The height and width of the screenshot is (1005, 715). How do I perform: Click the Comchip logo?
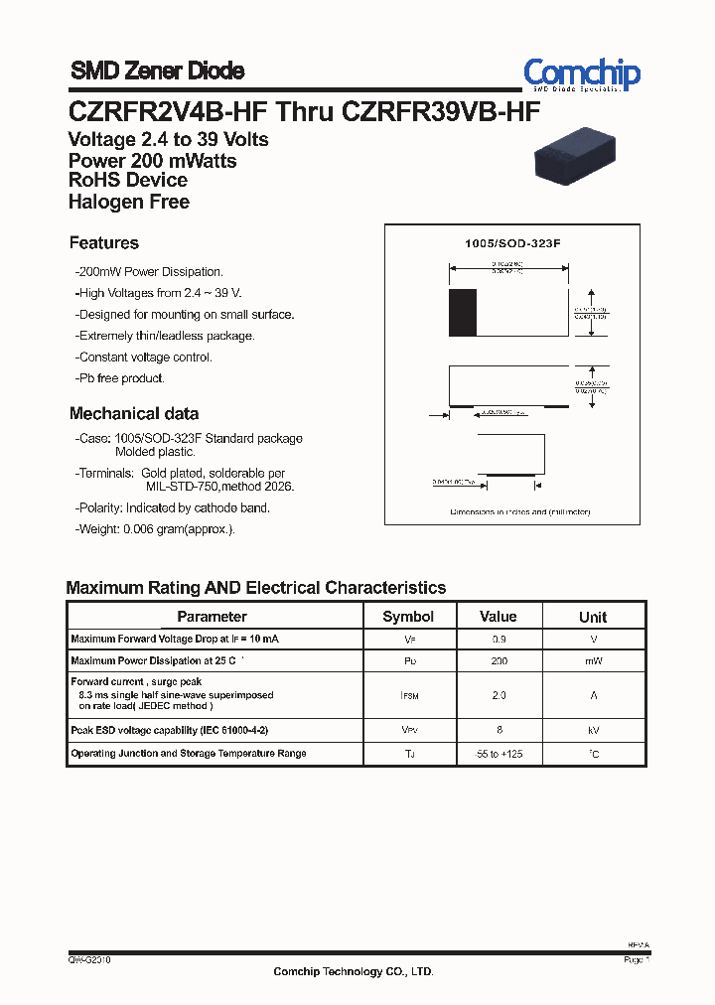582,73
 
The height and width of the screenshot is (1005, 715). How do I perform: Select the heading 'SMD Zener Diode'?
157,71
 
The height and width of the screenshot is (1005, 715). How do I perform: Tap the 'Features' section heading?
104,243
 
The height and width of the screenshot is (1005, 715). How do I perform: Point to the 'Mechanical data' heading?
134,414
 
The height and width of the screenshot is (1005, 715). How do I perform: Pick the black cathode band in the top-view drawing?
463,313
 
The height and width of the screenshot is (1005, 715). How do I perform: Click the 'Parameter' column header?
212,617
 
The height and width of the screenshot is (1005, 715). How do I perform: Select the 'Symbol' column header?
408,617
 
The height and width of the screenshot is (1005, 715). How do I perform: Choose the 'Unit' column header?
593,617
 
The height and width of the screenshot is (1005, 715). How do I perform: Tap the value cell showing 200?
499,660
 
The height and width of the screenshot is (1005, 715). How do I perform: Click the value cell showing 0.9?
499,639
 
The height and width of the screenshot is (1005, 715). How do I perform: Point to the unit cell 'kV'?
593,730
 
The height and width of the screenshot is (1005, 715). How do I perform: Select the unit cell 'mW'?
593,660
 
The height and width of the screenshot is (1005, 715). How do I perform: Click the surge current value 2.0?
499,695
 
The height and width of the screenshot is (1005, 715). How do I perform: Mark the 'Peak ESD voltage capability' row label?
170,730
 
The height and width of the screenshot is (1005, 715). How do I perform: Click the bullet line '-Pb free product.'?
120,378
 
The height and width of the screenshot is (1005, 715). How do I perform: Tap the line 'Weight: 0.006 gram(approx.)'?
155,529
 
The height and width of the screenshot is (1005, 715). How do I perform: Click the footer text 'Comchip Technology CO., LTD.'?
354,972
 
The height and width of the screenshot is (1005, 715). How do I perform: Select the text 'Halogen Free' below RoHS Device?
129,202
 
